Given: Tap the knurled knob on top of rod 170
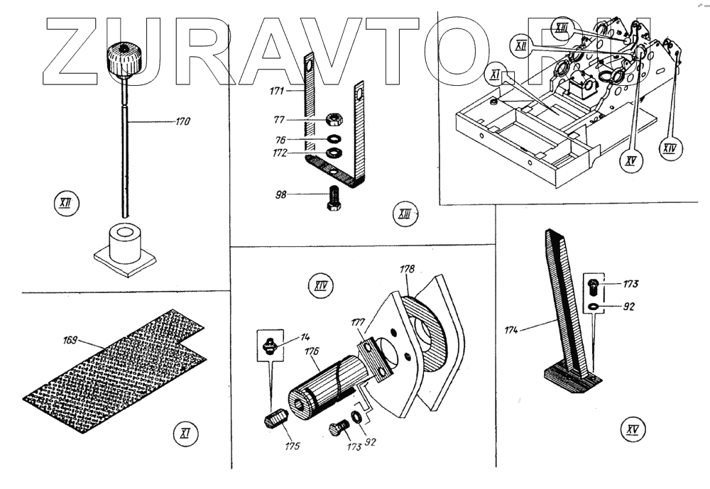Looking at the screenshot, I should tap(124, 60).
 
